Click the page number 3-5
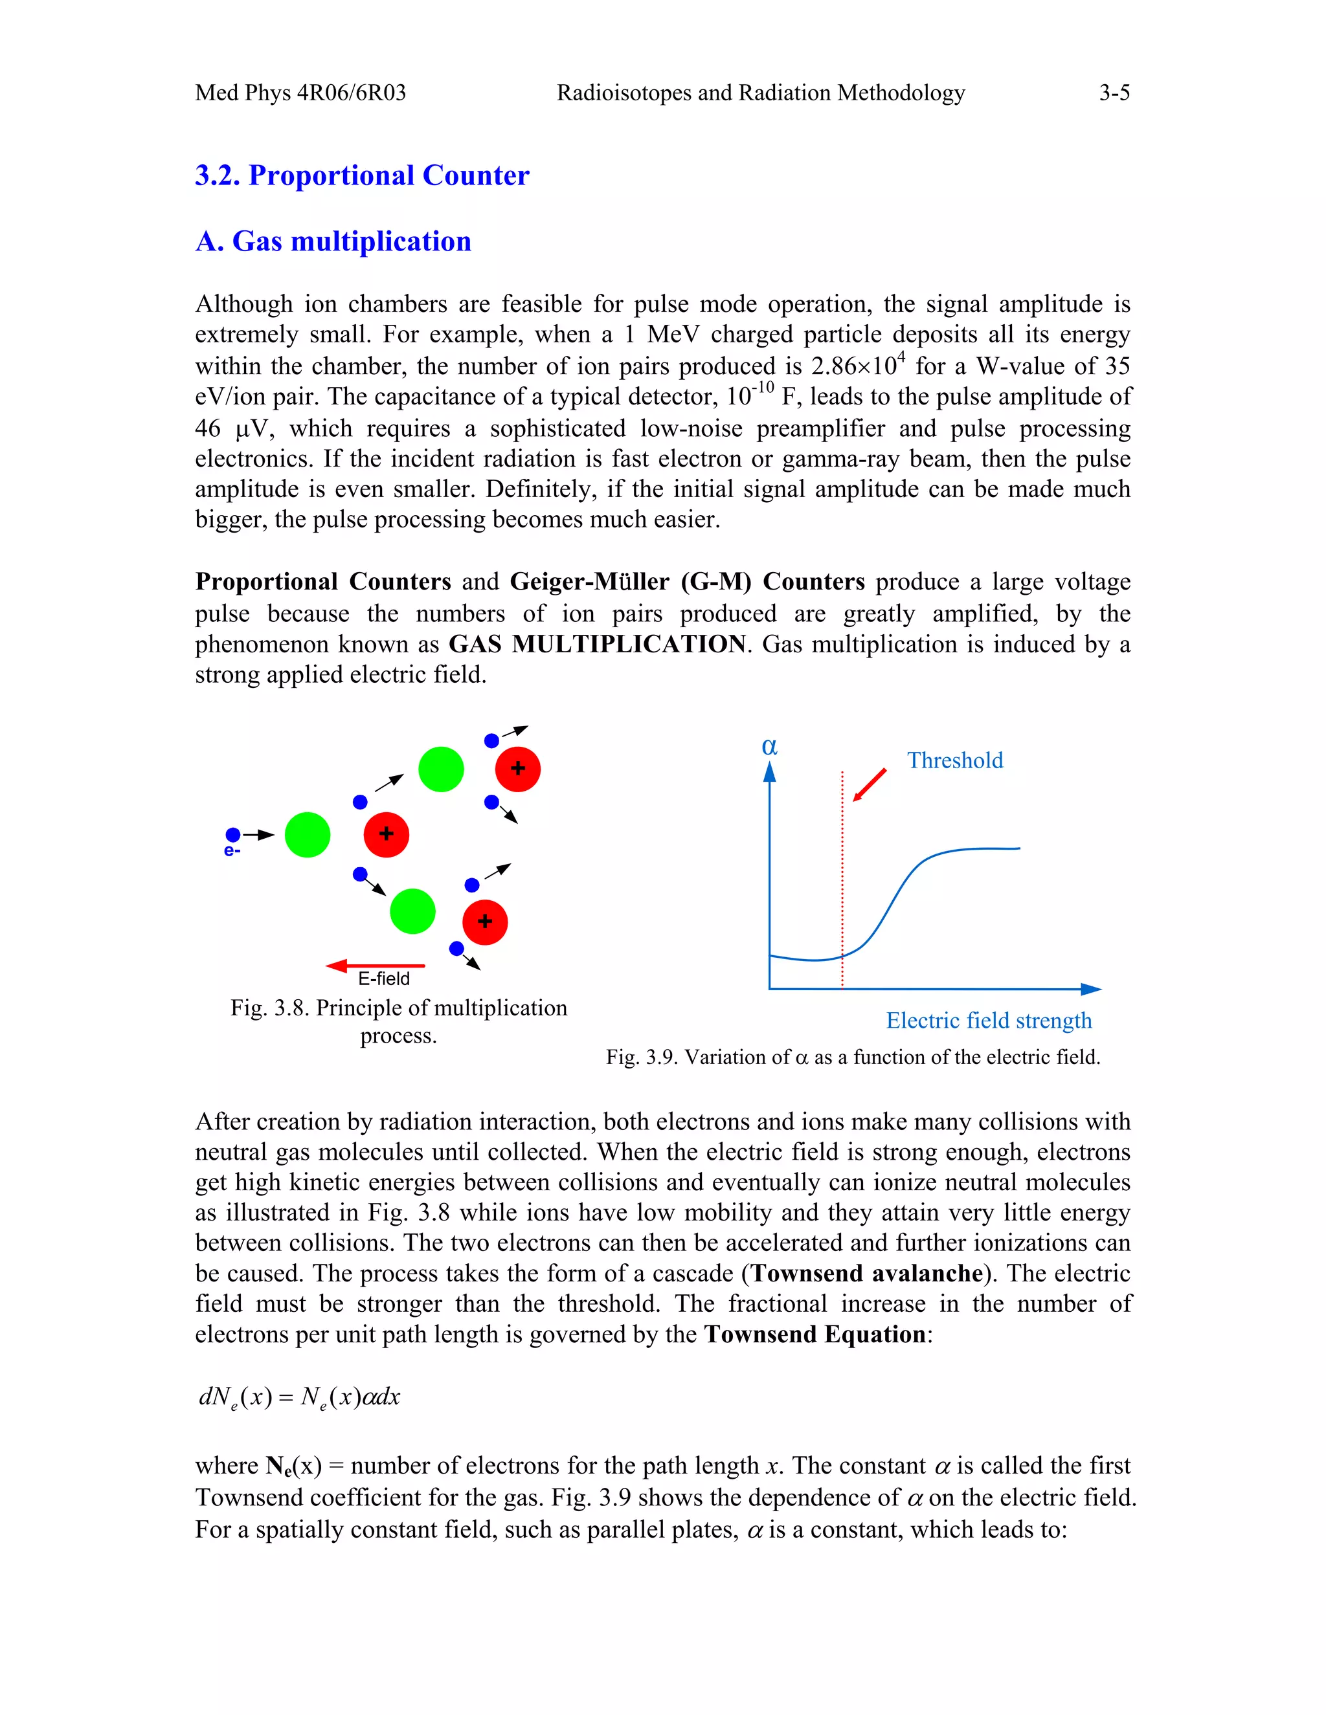click(x=1113, y=93)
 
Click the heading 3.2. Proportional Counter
click(x=362, y=175)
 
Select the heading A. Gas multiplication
click(x=333, y=241)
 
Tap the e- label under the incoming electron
click(x=232, y=851)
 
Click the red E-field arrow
click(x=376, y=965)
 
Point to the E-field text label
click(x=383, y=979)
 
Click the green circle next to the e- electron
click(x=307, y=835)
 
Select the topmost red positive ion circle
click(x=518, y=769)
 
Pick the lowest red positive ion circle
click(x=485, y=922)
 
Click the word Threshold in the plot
click(x=954, y=760)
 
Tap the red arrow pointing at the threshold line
click(x=870, y=784)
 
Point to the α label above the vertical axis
click(x=769, y=746)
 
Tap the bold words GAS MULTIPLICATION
click(x=596, y=644)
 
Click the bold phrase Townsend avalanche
click(x=867, y=1273)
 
